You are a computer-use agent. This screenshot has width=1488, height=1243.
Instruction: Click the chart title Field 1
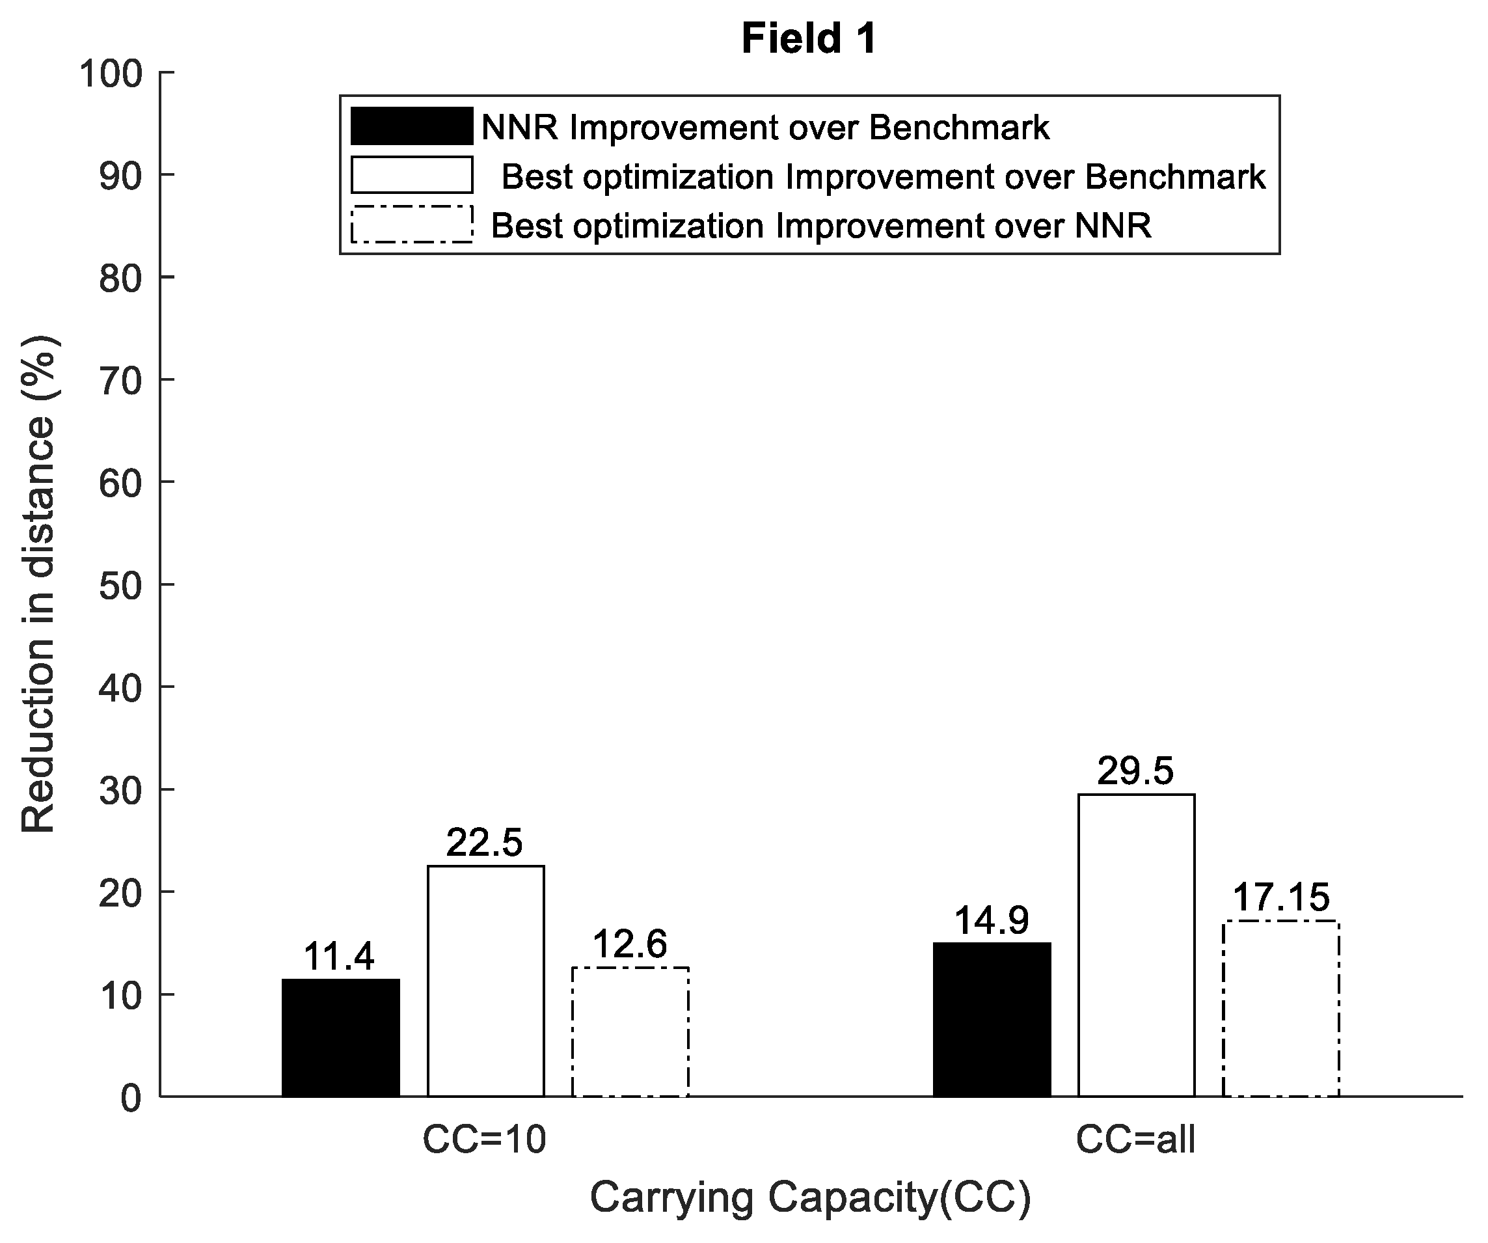(809, 38)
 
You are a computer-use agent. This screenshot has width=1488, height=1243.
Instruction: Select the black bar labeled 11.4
(341, 1037)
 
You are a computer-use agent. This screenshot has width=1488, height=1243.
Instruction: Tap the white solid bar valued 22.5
(486, 981)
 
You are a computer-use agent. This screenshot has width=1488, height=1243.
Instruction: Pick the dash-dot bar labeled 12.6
(630, 1031)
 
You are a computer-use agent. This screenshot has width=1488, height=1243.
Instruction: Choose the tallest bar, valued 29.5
(1137, 946)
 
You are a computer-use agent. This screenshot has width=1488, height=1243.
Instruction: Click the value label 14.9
(992, 922)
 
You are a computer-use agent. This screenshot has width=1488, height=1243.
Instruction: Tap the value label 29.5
(1136, 771)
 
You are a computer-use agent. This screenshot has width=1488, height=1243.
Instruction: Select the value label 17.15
(1281, 898)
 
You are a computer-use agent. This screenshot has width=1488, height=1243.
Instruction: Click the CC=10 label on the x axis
(485, 1140)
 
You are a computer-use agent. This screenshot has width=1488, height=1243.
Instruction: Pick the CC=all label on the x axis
(1135, 1140)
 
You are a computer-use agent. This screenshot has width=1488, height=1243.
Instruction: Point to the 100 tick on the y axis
(111, 74)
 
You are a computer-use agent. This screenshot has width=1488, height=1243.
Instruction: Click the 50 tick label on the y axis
(120, 585)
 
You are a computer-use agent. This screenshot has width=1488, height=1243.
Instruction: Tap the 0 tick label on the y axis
(131, 1099)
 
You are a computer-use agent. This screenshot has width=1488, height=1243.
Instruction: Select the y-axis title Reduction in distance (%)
(38, 584)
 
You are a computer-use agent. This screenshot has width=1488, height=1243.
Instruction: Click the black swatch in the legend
(412, 126)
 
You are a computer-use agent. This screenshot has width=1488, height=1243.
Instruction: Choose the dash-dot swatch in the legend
(412, 225)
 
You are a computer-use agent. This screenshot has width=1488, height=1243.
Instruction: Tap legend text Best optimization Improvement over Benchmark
(884, 176)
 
